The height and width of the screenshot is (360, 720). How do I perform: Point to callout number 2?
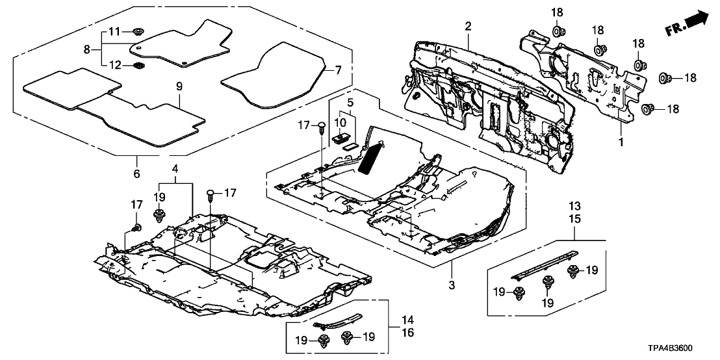467,27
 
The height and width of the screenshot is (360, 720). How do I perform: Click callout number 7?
179,85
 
